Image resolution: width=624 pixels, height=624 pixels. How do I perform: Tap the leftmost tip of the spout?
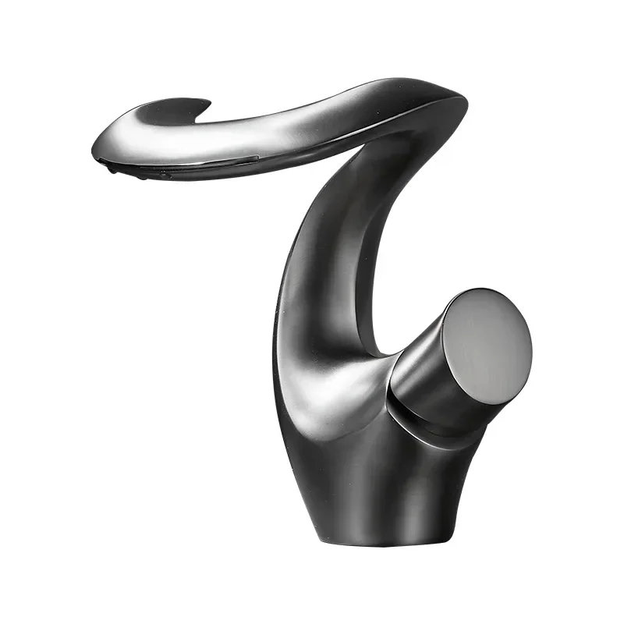coord(94,144)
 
